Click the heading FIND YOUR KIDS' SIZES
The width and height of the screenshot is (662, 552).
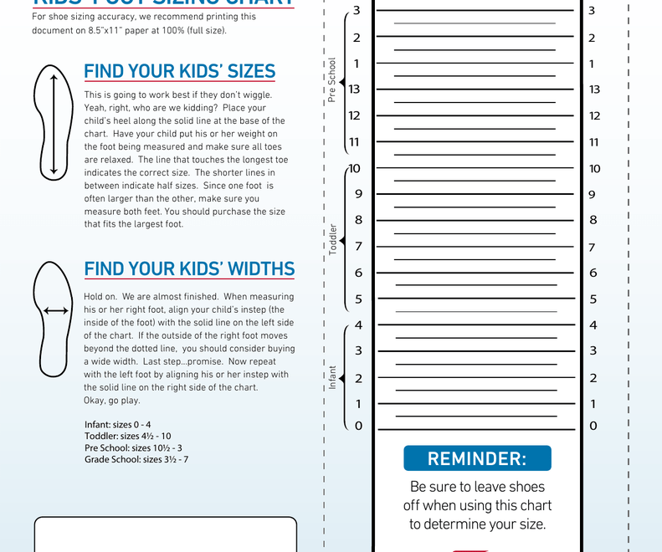180,72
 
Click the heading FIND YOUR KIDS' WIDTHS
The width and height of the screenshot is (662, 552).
189,268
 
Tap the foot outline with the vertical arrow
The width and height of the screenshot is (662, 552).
54,124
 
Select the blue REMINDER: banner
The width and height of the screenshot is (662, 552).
477,458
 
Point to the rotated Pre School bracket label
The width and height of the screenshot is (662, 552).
332,80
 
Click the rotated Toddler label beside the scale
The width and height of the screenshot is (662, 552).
332,239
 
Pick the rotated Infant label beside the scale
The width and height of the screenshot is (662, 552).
332,377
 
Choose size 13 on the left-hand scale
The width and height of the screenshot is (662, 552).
355,89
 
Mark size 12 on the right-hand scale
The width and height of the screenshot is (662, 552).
594,116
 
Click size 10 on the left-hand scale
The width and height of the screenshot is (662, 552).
355,168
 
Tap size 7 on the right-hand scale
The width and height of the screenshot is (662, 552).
593,248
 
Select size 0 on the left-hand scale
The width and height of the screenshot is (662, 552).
358,426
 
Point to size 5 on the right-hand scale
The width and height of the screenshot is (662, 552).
593,299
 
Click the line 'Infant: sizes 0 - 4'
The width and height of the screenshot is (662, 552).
117,425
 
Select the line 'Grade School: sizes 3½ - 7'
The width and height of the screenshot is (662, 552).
136,459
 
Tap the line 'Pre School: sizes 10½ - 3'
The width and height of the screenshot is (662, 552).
133,447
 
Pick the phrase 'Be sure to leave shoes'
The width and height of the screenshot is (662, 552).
477,487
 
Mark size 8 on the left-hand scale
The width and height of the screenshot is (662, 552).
358,220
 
